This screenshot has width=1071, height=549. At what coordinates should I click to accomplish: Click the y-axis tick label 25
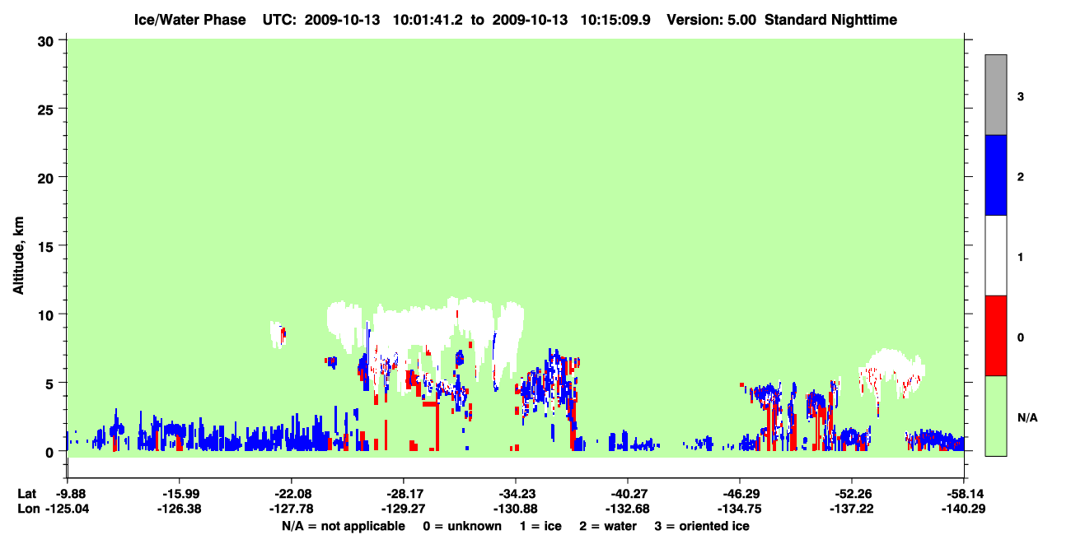(45, 109)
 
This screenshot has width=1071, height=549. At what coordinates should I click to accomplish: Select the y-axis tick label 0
(49, 453)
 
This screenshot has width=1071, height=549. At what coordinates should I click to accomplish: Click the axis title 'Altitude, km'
(18, 255)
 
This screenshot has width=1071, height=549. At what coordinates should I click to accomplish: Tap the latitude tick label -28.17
(404, 494)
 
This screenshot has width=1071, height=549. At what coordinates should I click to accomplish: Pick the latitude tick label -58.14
(963, 494)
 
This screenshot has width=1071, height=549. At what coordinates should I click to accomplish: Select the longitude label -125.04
(68, 509)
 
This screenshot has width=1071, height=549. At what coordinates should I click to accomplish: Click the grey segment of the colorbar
(995, 95)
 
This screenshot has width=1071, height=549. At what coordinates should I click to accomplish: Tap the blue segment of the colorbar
(995, 174)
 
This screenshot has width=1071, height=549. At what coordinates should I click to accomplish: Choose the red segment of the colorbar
(995, 336)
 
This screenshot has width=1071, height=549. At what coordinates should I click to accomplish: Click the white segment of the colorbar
(995, 255)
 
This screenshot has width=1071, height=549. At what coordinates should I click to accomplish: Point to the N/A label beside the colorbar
(1027, 418)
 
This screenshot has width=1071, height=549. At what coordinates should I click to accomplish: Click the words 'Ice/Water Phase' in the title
(189, 20)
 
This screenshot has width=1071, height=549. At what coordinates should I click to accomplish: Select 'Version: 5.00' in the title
(712, 20)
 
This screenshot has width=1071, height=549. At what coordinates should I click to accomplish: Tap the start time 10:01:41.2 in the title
(428, 20)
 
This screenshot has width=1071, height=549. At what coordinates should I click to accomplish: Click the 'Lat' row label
(27, 494)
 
